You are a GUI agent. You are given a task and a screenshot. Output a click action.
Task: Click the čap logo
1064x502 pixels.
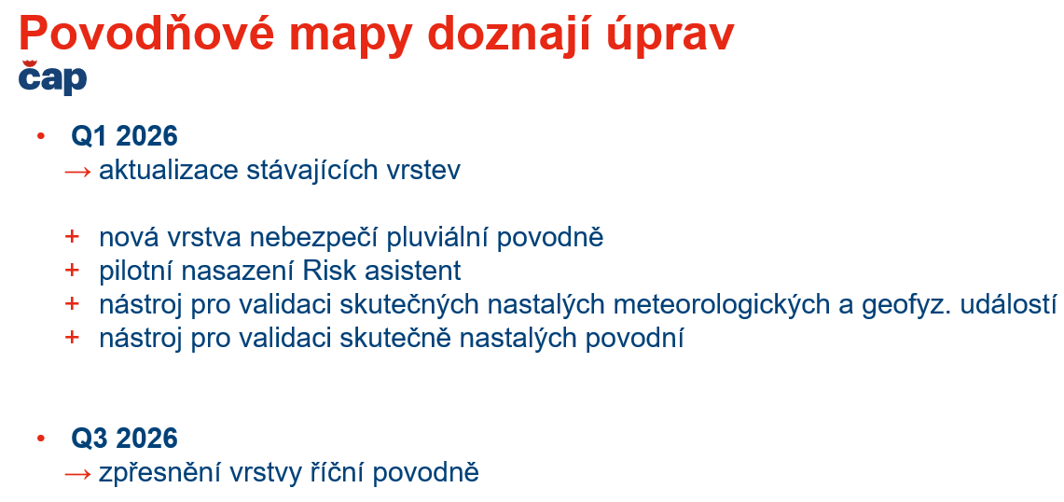(52, 77)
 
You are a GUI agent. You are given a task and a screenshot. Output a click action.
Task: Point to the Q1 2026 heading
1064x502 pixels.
(124, 136)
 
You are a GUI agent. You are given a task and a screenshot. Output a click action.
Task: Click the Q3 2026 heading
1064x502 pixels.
(124, 439)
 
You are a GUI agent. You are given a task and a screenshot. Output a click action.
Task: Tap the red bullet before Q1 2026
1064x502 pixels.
(41, 136)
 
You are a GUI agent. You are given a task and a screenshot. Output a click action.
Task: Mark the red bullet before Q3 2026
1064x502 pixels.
(41, 438)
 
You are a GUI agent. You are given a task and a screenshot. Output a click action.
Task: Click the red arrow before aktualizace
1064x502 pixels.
(77, 171)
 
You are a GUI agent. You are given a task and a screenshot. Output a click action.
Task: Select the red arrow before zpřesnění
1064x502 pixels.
(77, 473)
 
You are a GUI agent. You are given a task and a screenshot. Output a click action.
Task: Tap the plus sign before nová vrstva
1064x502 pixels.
(72, 236)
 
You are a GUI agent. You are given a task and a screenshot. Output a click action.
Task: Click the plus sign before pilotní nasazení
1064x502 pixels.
(72, 270)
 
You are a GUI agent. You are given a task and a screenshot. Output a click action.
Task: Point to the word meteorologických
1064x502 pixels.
(722, 305)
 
